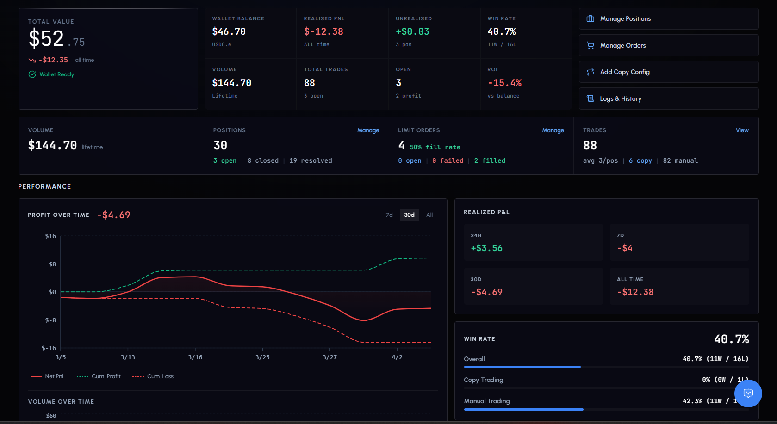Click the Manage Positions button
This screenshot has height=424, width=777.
(668, 19)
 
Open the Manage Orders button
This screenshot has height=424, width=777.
(668, 45)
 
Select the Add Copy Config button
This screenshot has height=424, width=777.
(668, 72)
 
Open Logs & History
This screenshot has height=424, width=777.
(668, 98)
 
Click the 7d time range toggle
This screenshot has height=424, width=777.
(389, 215)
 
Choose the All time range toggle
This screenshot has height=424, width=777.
(429, 215)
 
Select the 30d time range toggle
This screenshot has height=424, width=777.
(409, 215)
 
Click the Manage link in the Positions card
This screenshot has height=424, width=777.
(368, 130)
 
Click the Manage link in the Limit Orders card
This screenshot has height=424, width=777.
(553, 130)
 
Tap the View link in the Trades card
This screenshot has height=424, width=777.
(742, 130)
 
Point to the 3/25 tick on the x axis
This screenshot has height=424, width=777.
(262, 357)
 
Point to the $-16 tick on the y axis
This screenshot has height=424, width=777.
(49, 348)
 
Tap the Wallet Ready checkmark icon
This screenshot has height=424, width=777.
(32, 74)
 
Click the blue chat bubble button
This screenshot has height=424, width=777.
(748, 393)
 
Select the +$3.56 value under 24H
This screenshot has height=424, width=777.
(486, 248)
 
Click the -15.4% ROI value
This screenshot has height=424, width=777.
(504, 83)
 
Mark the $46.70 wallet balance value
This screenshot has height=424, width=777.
(229, 32)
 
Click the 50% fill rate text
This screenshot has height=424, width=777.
(435, 147)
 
